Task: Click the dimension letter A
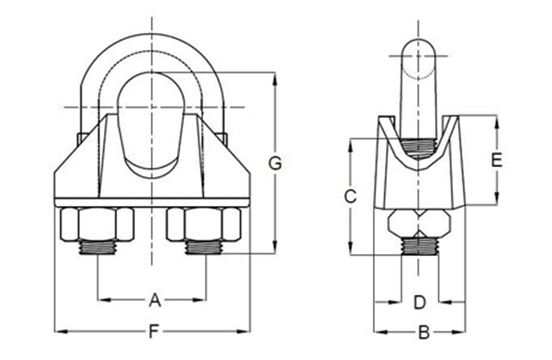(x=155, y=299)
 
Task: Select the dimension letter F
(x=154, y=330)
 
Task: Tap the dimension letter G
(x=275, y=165)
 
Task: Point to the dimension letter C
(x=349, y=197)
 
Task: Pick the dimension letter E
(x=496, y=160)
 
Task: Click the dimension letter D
(x=418, y=302)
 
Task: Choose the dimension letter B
(x=420, y=331)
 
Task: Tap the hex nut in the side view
(x=420, y=224)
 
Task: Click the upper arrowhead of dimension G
(x=275, y=75)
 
